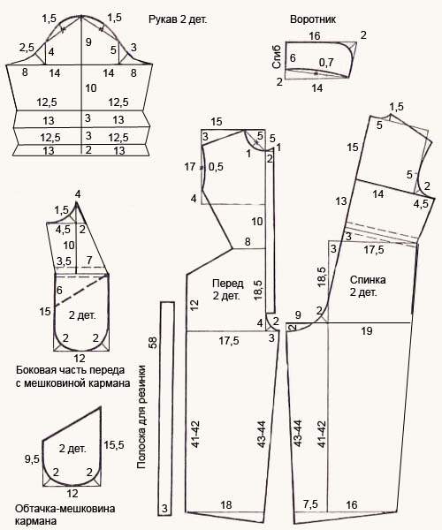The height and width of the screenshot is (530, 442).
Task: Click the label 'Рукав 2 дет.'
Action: pos(178,19)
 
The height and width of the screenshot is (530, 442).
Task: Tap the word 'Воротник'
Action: pos(313,19)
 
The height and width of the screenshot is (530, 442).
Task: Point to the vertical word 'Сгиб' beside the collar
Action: pos(277,57)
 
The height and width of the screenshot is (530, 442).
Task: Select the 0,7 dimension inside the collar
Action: pos(326,62)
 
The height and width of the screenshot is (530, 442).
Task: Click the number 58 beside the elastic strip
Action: pos(154,343)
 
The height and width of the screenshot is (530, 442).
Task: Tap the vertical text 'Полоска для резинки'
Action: pos(141,417)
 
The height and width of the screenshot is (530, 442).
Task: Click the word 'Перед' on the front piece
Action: pos(228,284)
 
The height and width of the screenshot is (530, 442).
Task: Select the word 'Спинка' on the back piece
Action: pos(368,280)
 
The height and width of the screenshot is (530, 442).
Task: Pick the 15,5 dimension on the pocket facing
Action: pos(114,445)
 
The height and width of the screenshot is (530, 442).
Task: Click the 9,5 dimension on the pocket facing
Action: pos(32,458)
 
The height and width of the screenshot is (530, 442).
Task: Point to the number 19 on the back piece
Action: pos(367,330)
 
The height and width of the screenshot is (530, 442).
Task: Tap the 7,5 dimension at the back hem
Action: pos(310,504)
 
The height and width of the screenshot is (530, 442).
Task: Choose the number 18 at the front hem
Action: pos(226,504)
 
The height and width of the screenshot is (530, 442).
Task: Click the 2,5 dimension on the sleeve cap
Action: pos(27,48)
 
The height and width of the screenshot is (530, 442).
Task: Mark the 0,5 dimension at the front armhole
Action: pos(216,167)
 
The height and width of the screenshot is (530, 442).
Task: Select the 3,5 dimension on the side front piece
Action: pos(64,261)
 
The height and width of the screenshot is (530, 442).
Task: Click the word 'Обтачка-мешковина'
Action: pos(65,509)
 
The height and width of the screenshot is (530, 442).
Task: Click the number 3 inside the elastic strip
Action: pos(164,509)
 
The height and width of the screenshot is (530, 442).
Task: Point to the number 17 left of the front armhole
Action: pos(190,167)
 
